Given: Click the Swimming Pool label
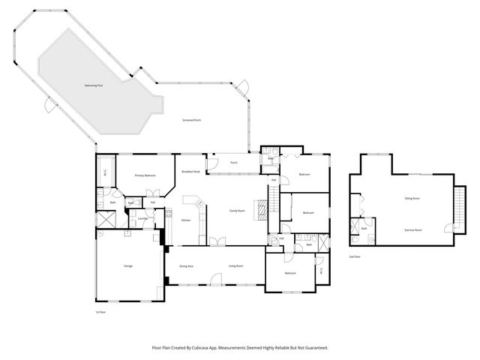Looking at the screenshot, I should tap(94, 87).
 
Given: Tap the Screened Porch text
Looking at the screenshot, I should tap(192, 121).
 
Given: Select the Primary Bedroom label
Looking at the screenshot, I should tap(145, 175).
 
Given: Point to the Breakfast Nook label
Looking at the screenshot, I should tap(190, 172).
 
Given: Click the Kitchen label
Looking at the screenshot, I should tap(186, 220).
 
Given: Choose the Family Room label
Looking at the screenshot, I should tap(238, 211).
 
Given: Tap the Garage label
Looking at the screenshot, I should tap(128, 266).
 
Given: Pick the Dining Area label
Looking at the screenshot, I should tap(187, 266).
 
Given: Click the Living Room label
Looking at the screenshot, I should tap(236, 266).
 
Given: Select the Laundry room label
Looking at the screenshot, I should tap(141, 219).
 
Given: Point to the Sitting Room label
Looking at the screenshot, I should tap(412, 199).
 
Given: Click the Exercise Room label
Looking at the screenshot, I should tap(413, 230).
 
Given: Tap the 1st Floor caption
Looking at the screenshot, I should tap(100, 312).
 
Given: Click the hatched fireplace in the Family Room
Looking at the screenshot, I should tap(261, 209).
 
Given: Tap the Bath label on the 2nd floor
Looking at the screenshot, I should tap(363, 229).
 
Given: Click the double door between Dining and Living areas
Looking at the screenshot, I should tap(217, 241).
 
